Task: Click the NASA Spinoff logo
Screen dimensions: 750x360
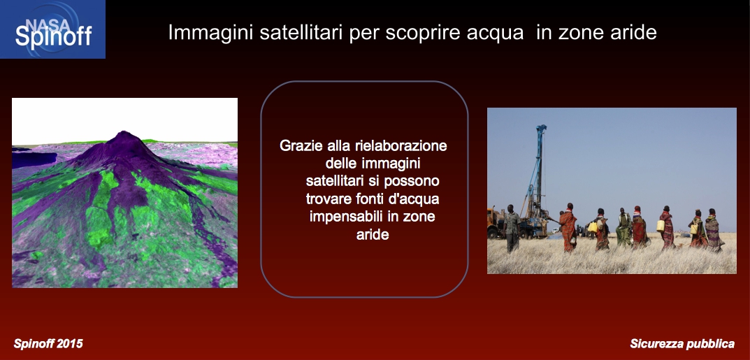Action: click(x=52, y=29)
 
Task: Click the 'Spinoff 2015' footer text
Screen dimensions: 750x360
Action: click(x=48, y=343)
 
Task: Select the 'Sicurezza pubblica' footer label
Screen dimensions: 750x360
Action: click(x=682, y=344)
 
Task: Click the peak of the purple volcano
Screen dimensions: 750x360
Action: click(x=124, y=132)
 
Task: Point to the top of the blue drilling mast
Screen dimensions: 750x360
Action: click(x=541, y=128)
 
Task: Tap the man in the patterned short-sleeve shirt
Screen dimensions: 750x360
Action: click(x=512, y=228)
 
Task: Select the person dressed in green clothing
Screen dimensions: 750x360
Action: click(x=623, y=227)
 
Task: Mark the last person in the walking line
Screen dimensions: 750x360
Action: click(x=713, y=230)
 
